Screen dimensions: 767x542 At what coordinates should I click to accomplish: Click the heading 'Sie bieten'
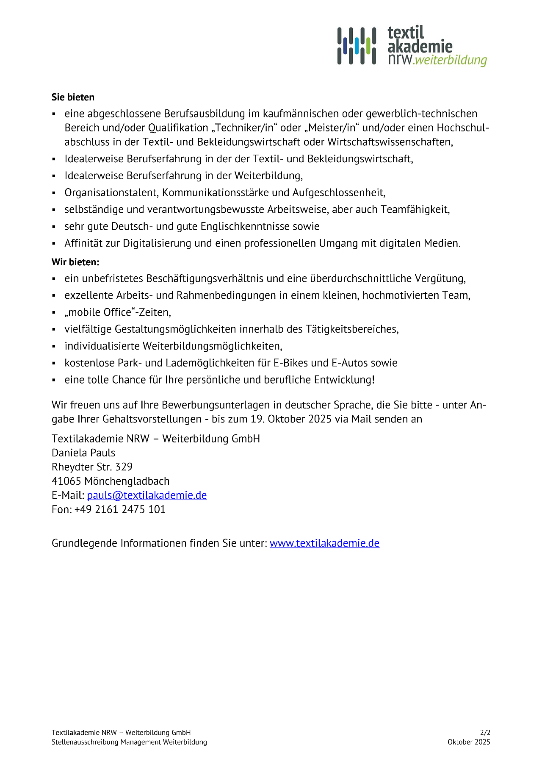point(73,97)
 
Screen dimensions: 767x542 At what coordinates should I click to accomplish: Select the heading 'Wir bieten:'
point(75,262)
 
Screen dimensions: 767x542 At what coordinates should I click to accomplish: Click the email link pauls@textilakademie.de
point(147,495)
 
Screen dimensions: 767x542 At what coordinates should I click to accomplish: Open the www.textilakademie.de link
point(324,543)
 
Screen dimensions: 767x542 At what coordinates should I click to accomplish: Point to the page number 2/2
point(485,732)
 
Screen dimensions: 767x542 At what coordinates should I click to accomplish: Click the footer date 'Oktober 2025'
point(469,742)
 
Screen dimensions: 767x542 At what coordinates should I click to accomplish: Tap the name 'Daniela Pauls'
point(83,453)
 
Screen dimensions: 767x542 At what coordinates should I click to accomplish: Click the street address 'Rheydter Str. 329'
point(92,467)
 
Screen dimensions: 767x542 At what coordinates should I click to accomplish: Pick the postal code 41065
point(66,481)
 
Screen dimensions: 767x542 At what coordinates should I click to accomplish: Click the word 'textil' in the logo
point(405,33)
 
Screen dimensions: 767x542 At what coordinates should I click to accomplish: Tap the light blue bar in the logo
point(357,46)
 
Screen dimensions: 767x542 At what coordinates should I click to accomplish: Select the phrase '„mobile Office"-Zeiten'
point(118,312)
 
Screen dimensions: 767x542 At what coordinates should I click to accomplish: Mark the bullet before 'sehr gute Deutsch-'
point(54,227)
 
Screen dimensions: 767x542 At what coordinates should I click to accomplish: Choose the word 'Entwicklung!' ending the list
point(344,380)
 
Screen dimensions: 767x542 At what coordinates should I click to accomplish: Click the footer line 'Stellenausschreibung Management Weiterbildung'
point(129,742)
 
